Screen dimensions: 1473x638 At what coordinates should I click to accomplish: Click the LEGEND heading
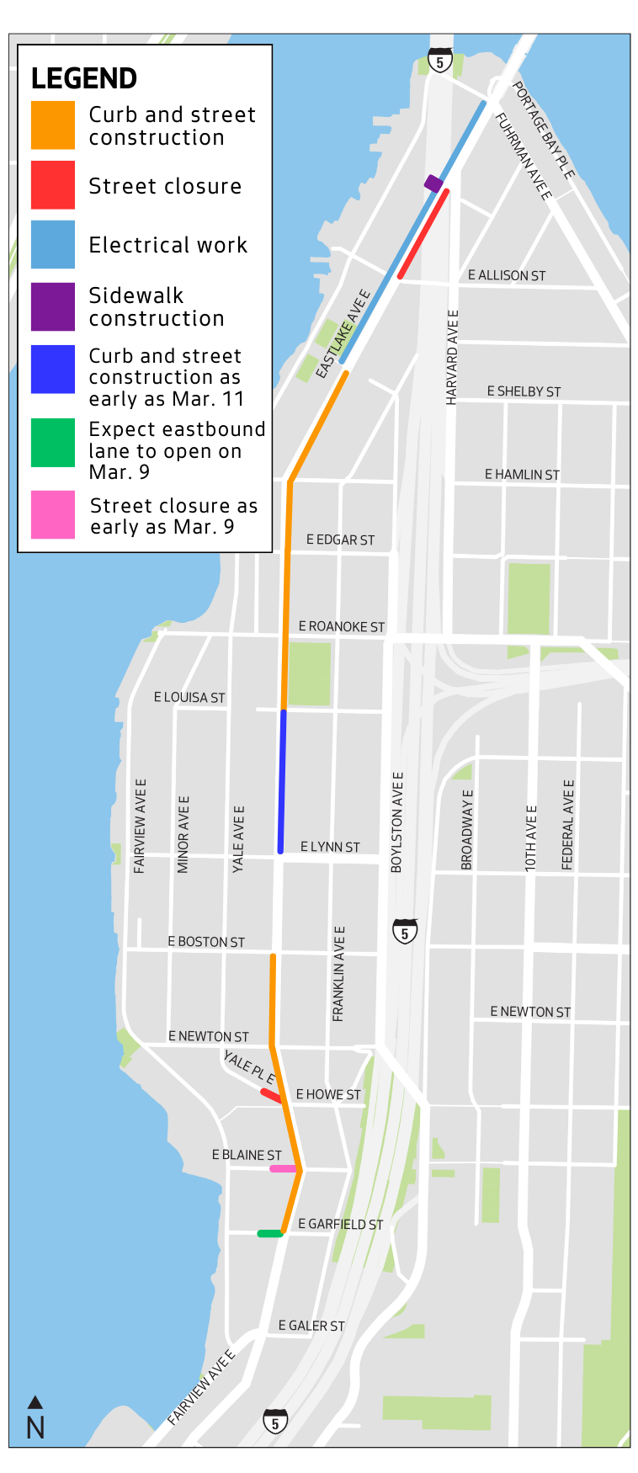84,78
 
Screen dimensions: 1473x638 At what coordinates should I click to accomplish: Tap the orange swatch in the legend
53,125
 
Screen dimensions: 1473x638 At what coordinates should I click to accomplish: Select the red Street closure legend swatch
53,185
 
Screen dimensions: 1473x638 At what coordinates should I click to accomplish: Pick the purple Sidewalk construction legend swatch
53,306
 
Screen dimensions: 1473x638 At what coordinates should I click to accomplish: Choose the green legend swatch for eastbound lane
53,443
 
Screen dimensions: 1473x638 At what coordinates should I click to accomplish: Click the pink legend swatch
53,515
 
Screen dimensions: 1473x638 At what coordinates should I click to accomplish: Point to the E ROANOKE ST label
342,627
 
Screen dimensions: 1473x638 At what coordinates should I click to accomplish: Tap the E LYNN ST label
330,847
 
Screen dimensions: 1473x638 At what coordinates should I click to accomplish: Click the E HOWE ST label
328,1094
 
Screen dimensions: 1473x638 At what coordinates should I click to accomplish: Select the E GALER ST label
311,1326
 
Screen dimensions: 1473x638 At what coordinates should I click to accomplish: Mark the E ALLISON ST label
507,275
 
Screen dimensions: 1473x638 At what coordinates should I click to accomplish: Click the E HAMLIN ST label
522,475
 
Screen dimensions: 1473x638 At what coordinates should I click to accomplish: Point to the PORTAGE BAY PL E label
544,130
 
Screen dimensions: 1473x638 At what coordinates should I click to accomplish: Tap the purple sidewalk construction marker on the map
433,183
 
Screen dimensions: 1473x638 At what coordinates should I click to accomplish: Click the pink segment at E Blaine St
283,1169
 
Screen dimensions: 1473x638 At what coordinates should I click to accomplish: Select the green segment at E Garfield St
269,1234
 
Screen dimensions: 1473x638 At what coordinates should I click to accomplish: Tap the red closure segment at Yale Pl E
271,1095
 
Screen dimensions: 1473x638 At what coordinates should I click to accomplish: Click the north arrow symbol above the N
35,1402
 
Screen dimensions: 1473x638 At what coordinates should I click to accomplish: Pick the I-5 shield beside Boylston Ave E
405,932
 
